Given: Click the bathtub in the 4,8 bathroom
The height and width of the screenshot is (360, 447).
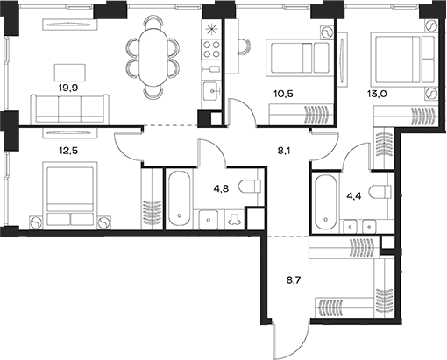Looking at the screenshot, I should pos(179,197).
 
